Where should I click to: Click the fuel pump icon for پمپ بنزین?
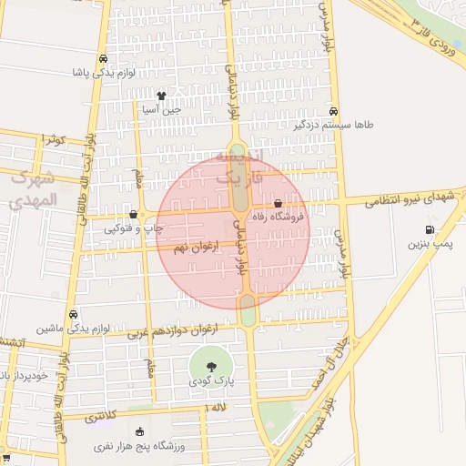(x=429, y=230)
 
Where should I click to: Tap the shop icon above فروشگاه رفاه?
(x=278, y=204)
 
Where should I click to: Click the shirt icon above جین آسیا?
(x=161, y=96)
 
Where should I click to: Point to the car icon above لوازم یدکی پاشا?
(x=102, y=58)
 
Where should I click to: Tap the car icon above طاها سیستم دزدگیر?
(x=335, y=109)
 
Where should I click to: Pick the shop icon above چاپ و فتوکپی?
(x=134, y=215)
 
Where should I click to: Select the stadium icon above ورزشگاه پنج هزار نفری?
(x=138, y=432)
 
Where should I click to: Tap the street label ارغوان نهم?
(x=193, y=247)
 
